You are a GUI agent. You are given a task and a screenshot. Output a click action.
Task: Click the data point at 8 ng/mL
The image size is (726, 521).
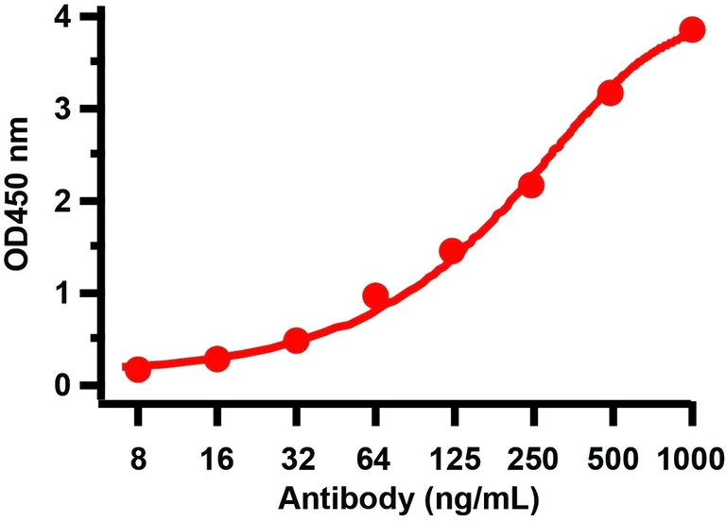(138, 369)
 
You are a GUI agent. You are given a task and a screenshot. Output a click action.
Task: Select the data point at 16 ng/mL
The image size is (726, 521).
(216, 359)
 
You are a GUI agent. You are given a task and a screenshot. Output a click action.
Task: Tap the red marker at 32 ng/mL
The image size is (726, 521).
(296, 340)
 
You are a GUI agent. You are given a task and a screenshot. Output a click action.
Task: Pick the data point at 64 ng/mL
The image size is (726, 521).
(375, 296)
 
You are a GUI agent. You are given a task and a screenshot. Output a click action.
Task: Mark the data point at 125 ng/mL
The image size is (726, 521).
(452, 251)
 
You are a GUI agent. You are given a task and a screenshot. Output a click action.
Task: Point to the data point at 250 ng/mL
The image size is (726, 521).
(531, 185)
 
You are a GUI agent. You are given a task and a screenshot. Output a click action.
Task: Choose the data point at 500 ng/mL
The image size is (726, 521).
(611, 92)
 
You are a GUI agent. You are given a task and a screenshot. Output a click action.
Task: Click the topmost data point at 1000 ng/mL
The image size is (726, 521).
(692, 29)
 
